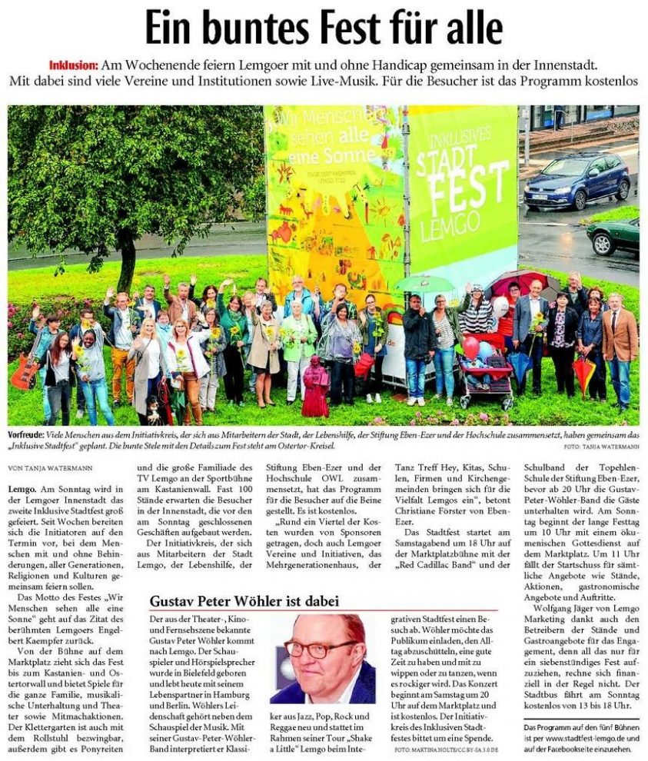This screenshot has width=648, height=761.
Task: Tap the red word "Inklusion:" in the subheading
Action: [x=75, y=66]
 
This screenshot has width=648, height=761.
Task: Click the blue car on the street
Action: [x=576, y=181]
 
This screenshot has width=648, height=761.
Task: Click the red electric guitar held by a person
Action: [x=25, y=371]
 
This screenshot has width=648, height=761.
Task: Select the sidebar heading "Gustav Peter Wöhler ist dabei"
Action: [x=244, y=600]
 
